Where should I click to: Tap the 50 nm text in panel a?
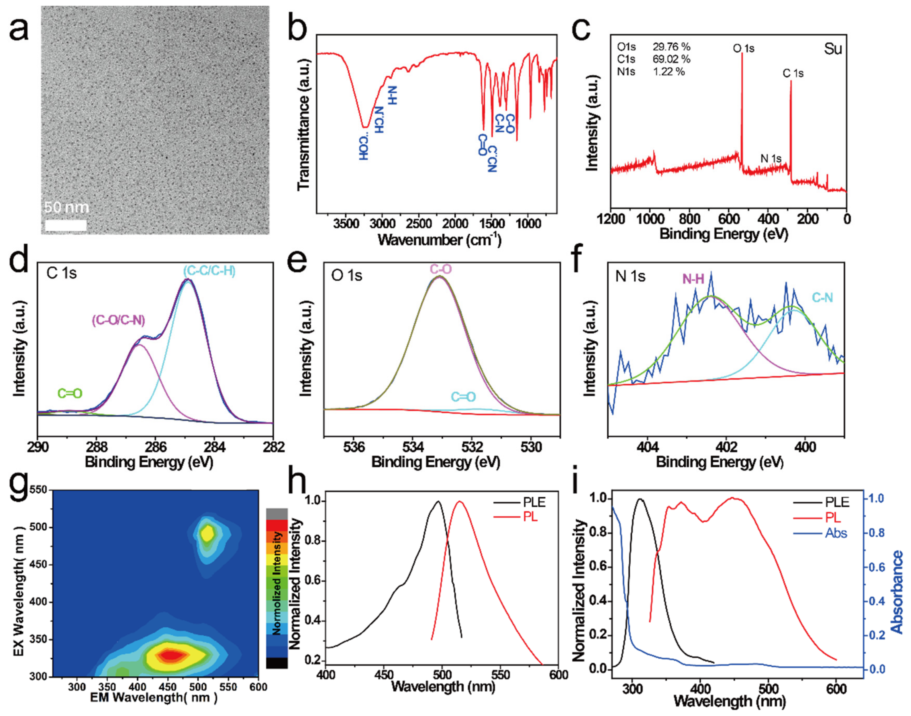66,207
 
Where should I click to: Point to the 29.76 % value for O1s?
671,47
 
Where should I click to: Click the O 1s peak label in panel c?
743,48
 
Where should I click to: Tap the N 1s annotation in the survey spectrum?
771,158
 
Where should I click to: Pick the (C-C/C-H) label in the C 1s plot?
209,271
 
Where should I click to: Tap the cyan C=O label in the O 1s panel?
463,397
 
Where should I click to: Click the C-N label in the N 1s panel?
822,298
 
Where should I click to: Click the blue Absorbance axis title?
897,592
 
